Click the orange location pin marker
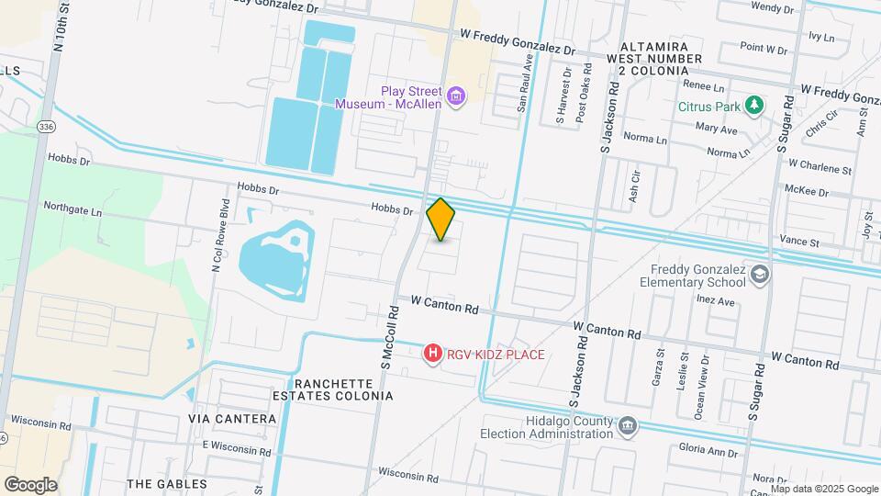pyautogui.click(x=441, y=220)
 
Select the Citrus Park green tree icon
pyautogui.click(x=754, y=105)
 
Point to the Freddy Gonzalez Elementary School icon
pyautogui.click(x=761, y=274)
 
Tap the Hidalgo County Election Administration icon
pyautogui.click(x=627, y=425)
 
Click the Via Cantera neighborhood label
pyautogui.click(x=232, y=419)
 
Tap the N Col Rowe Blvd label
pyautogui.click(x=218, y=235)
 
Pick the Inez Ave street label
pyautogui.click(x=716, y=300)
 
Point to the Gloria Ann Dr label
pyautogui.click(x=709, y=451)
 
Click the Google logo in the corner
pyautogui.click(x=30, y=485)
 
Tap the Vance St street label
pyautogui.click(x=801, y=242)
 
